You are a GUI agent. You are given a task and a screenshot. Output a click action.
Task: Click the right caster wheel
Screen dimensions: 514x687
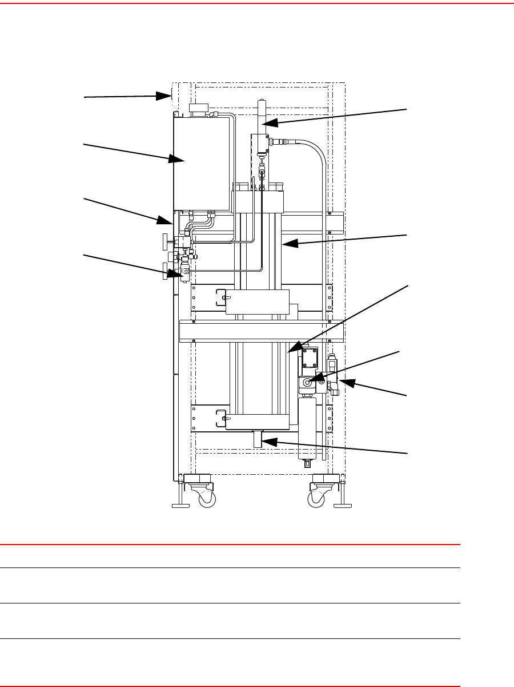(315, 500)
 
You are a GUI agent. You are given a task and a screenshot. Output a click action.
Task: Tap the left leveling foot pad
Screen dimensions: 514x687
(181, 506)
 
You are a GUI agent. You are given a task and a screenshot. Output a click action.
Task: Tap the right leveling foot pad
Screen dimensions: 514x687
(343, 506)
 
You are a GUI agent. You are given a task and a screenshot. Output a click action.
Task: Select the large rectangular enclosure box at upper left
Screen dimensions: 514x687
(201, 161)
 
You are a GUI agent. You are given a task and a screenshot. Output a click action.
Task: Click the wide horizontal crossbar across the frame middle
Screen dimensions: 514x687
(261, 331)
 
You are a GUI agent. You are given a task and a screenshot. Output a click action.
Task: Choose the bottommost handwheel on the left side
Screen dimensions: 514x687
(165, 271)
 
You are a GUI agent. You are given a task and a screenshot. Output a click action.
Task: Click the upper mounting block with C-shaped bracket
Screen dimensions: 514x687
(257, 301)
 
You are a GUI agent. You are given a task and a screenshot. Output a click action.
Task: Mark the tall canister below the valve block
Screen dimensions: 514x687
(309, 427)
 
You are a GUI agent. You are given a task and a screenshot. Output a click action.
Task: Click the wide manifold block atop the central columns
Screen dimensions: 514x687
(258, 201)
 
